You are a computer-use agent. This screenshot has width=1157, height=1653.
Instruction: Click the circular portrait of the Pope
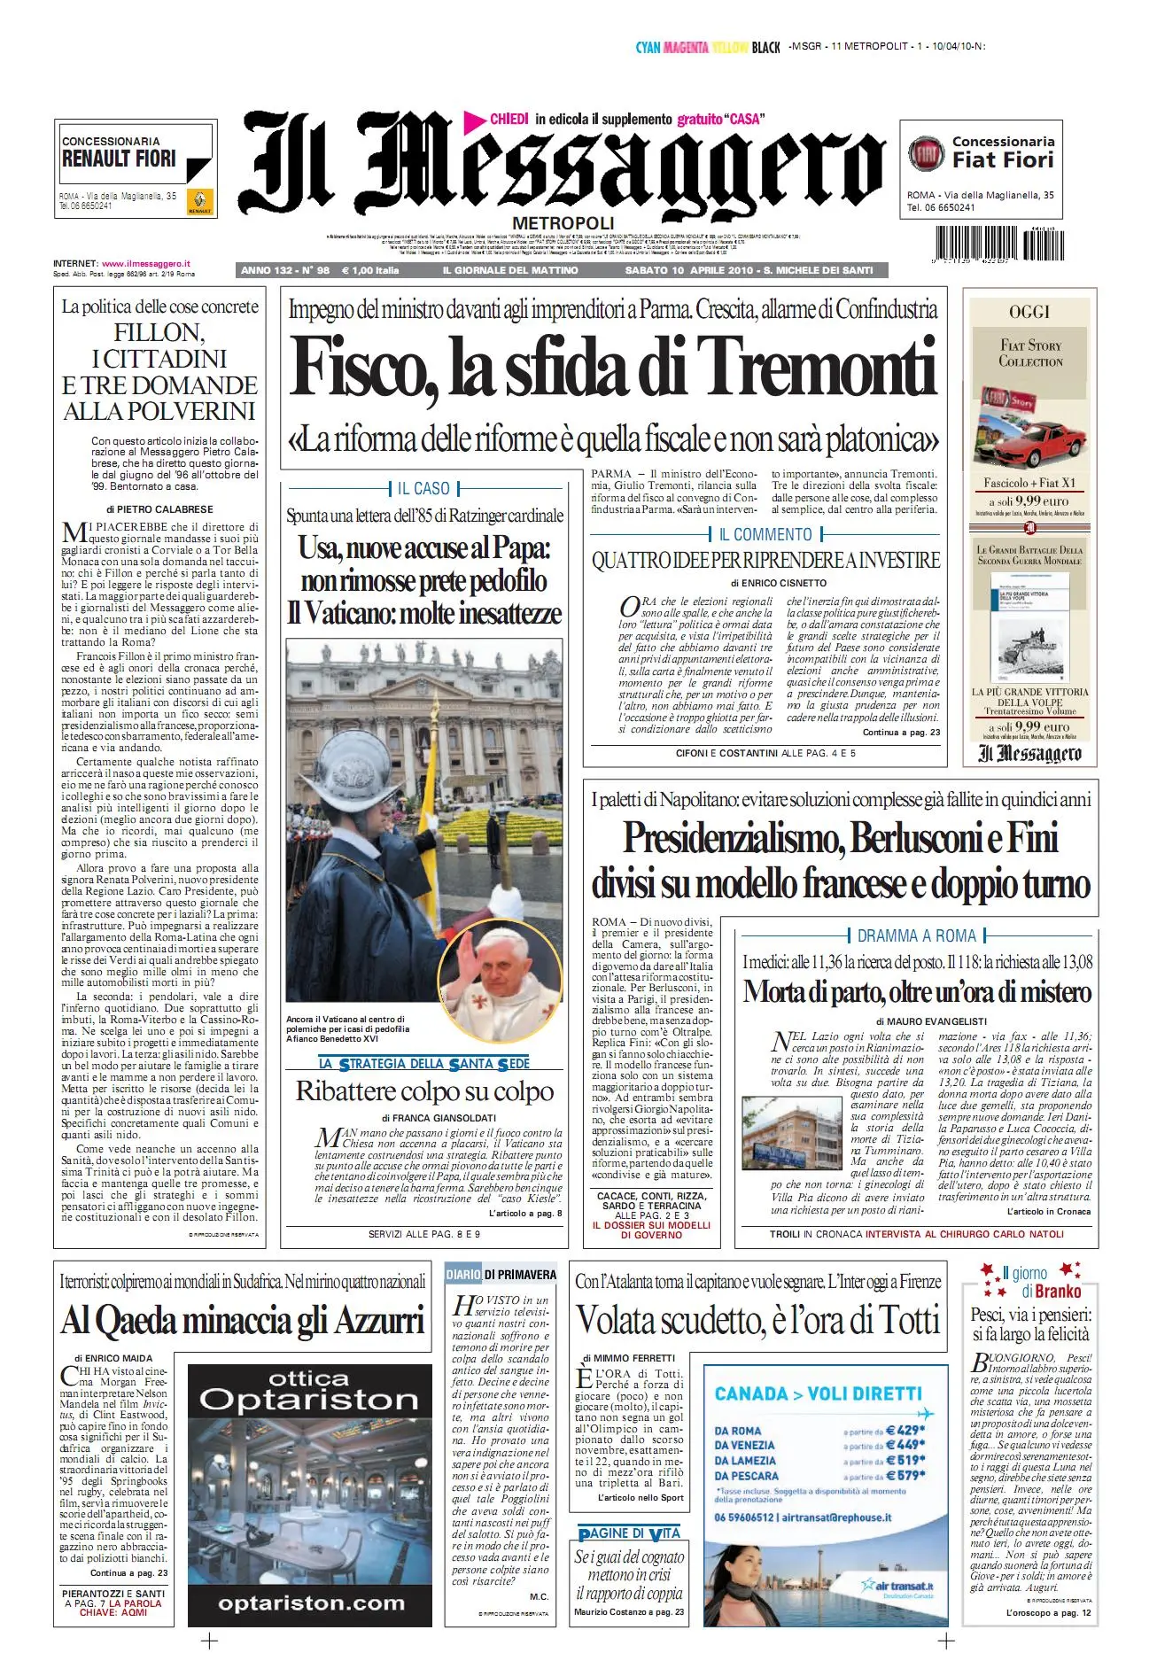501,976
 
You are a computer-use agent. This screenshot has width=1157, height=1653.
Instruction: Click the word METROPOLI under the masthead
563,222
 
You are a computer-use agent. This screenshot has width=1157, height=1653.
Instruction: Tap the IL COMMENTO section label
765,534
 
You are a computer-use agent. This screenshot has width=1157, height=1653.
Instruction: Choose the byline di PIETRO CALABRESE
159,509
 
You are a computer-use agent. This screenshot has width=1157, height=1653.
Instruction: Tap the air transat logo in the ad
898,1587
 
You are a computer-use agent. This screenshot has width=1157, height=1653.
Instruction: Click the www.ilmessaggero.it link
146,263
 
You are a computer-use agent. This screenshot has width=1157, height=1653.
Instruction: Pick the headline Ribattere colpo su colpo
424,1090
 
